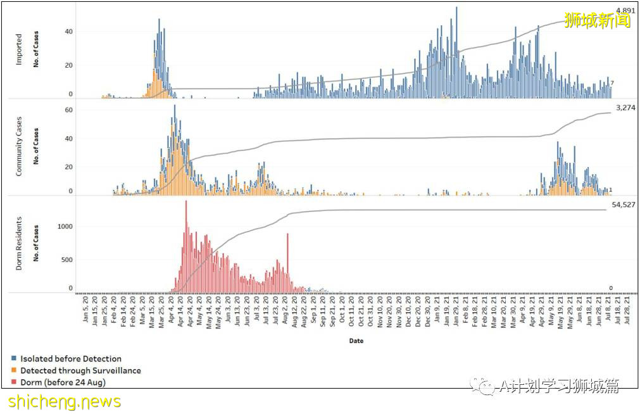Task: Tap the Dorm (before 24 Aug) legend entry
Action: (x=62, y=382)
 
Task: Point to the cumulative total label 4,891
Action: (x=625, y=11)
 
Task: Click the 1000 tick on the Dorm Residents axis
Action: (x=65, y=227)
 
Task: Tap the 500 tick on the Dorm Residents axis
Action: (x=67, y=260)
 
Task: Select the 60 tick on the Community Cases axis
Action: (x=69, y=110)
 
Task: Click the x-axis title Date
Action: (x=356, y=341)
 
